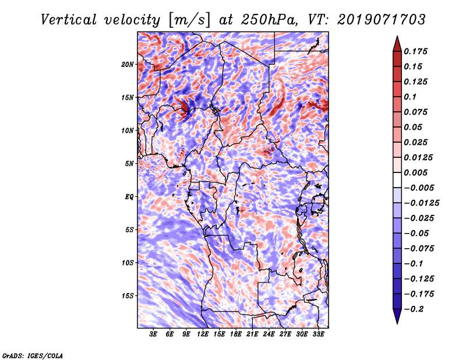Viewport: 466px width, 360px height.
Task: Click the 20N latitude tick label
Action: pyautogui.click(x=128, y=64)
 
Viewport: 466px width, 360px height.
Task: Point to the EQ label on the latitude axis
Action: pyautogui.click(x=129, y=196)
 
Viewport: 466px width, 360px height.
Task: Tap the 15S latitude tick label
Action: pyautogui.click(x=128, y=295)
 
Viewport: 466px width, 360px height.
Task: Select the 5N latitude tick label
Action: pyautogui.click(x=129, y=164)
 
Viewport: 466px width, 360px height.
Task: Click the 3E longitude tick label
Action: pyautogui.click(x=154, y=334)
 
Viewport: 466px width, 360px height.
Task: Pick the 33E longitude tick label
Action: pyautogui.click(x=318, y=334)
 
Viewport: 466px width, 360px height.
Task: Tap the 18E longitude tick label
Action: pyautogui.click(x=236, y=334)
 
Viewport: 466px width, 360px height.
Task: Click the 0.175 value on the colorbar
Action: pyautogui.click(x=417, y=51)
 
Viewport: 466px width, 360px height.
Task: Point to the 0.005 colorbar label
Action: pyautogui.click(x=417, y=172)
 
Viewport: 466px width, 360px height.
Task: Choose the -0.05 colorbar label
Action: pyautogui.click(x=419, y=233)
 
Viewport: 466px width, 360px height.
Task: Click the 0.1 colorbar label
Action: pyautogui.click(x=412, y=97)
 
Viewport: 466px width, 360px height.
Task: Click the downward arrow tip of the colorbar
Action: pyautogui.click(x=396, y=322)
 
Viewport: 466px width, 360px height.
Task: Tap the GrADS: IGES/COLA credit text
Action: pyautogui.click(x=33, y=355)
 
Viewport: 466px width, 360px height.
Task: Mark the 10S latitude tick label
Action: pyautogui.click(x=128, y=263)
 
